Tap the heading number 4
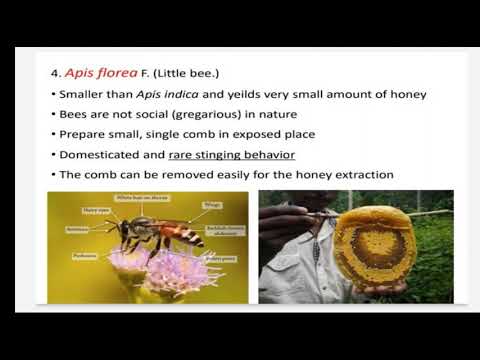(x=57, y=74)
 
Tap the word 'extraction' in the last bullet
(x=362, y=175)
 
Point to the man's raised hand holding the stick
(x=281, y=219)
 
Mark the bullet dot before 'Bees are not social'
(x=52, y=115)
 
